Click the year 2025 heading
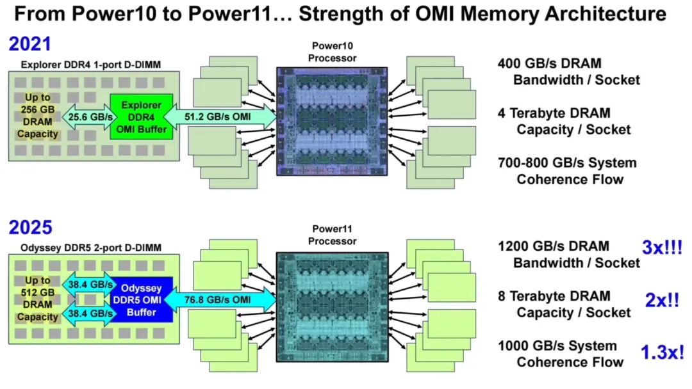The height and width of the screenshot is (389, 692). (x=29, y=227)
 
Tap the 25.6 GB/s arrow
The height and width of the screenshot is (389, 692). (x=85, y=116)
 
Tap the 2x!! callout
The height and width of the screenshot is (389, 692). (x=662, y=300)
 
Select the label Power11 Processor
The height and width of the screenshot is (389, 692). (x=332, y=235)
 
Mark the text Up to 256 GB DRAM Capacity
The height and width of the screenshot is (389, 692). (x=37, y=116)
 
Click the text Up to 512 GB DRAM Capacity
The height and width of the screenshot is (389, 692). (x=37, y=299)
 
